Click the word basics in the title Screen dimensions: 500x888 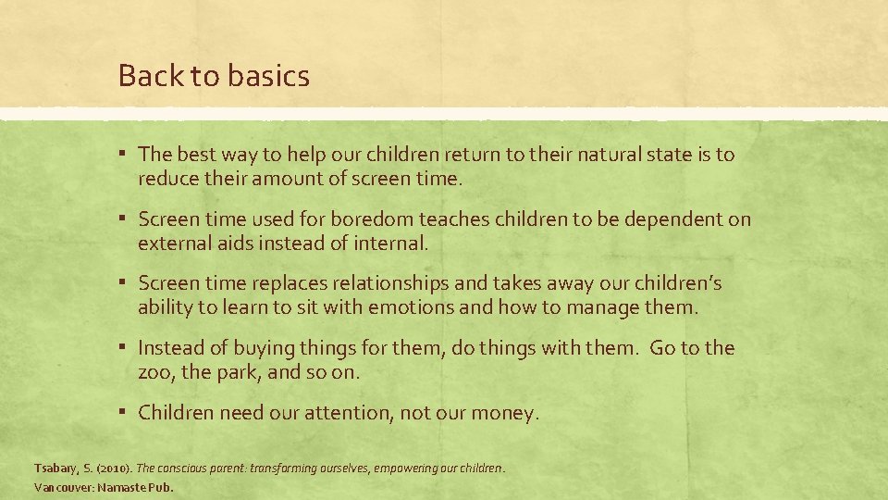(267, 76)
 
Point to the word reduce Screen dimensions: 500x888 (166, 179)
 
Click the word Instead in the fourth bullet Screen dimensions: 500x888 (171, 348)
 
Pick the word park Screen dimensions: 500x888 (238, 372)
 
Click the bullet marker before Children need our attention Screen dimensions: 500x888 (124, 413)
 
